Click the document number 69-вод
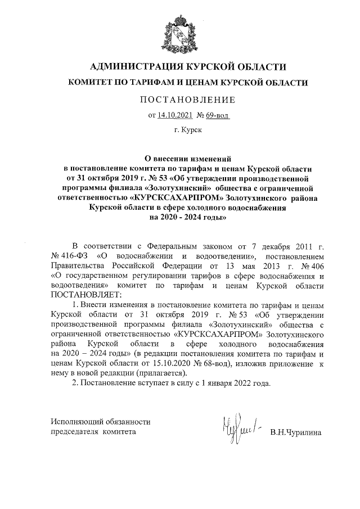click(217, 115)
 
